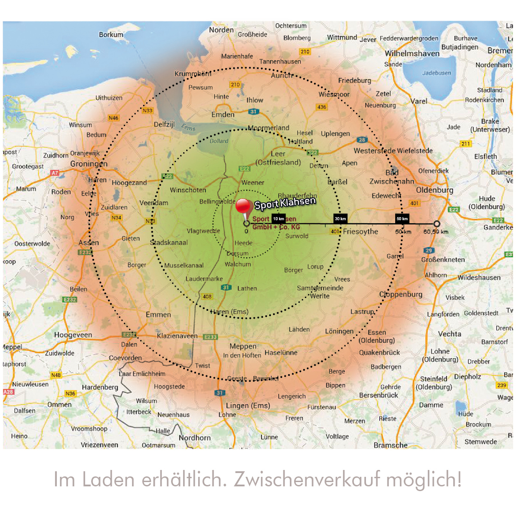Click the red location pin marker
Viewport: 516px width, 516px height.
coord(243,207)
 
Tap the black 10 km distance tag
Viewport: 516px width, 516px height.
coord(278,219)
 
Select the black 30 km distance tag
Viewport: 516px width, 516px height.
coord(340,219)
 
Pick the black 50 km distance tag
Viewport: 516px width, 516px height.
coord(402,219)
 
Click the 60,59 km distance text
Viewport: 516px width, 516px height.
coord(436,232)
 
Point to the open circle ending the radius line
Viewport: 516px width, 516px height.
coord(437,224)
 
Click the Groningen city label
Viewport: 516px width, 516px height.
coord(89,164)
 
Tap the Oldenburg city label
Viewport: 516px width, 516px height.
coord(434,190)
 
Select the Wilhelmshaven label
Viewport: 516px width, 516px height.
coord(412,54)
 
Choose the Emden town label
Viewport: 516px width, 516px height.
coord(223,115)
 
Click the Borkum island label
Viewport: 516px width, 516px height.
coord(111,34)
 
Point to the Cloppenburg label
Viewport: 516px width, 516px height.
coord(401,295)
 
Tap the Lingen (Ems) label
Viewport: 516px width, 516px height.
coord(248,405)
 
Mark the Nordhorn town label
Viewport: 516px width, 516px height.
coord(194,438)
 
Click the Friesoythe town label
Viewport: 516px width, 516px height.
coord(360,232)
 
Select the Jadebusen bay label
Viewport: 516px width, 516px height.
coord(436,73)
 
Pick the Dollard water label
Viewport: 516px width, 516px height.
coord(219,141)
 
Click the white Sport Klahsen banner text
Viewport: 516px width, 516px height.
coord(285,203)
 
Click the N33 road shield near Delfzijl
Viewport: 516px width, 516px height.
coord(147,111)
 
